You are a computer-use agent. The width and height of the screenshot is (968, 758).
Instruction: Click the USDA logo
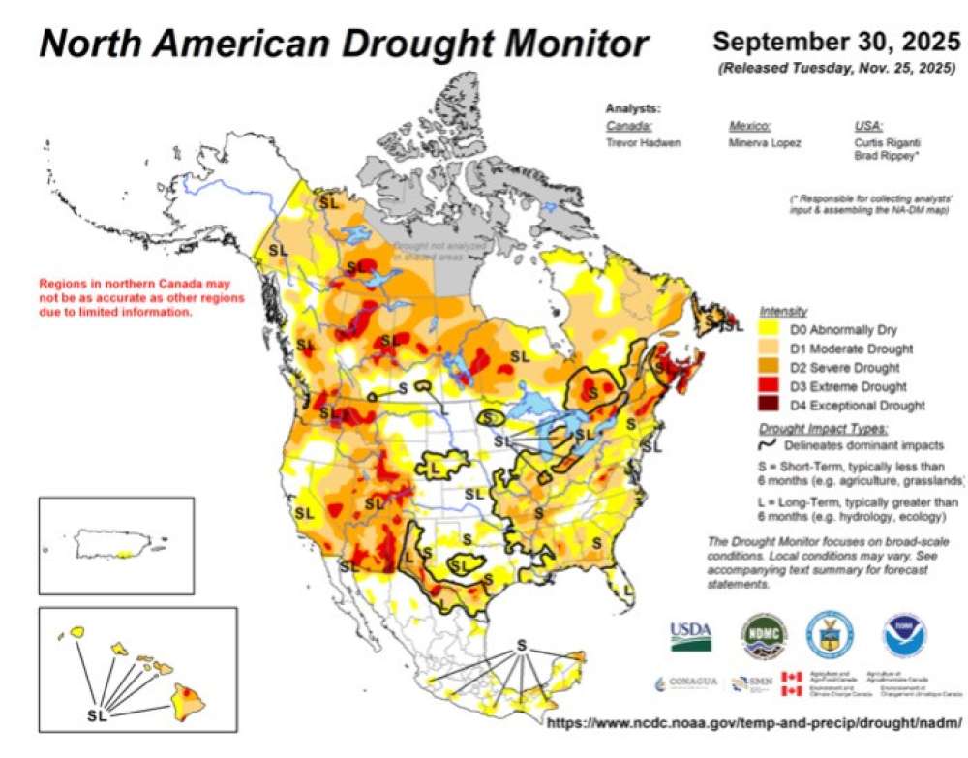click(690, 635)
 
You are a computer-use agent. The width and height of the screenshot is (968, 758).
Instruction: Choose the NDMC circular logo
click(764, 634)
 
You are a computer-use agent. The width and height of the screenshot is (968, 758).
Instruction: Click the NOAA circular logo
click(904, 635)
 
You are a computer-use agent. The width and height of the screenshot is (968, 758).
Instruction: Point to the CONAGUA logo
click(686, 682)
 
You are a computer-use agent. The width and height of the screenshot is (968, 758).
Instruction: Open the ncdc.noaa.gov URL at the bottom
click(754, 723)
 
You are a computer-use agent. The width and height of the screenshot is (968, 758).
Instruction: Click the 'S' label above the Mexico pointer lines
click(521, 645)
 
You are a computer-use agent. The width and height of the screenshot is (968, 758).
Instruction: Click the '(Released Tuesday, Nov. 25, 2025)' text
click(835, 68)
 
